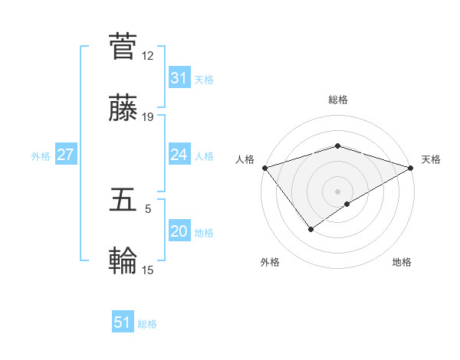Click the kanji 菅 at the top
pos(123,47)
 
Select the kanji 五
pos(123,200)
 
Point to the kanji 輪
pos(123,262)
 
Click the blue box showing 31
pos(179,78)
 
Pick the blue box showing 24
pos(179,155)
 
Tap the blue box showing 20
pos(179,232)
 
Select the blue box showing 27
pos(66,155)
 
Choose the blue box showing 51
pos(123,322)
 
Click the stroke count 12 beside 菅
pos(148,56)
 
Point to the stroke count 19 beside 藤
pos(148,117)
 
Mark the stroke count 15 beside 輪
pos(148,270)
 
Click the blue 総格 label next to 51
pos(147,324)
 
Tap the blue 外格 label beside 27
pos(41,155)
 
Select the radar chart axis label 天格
pos(432,159)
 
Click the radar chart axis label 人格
pos(245,159)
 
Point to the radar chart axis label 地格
pos(402,262)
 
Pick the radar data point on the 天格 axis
pos(412,168)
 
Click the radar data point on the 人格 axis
pos(264,168)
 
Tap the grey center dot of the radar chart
pos(337,191)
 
